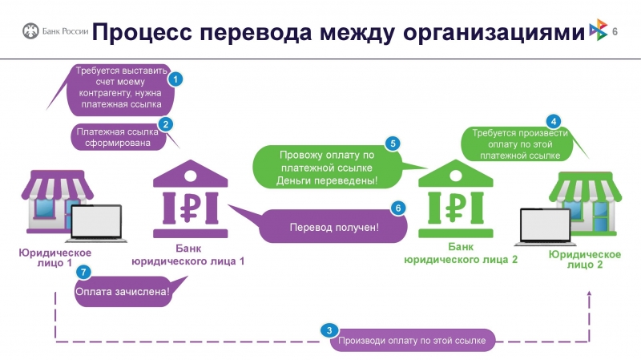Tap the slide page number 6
(x=615, y=31)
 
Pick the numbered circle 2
(x=166, y=124)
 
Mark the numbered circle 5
(x=393, y=144)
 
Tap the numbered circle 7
(x=82, y=272)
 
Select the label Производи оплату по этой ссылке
(x=412, y=341)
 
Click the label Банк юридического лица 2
(x=460, y=253)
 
